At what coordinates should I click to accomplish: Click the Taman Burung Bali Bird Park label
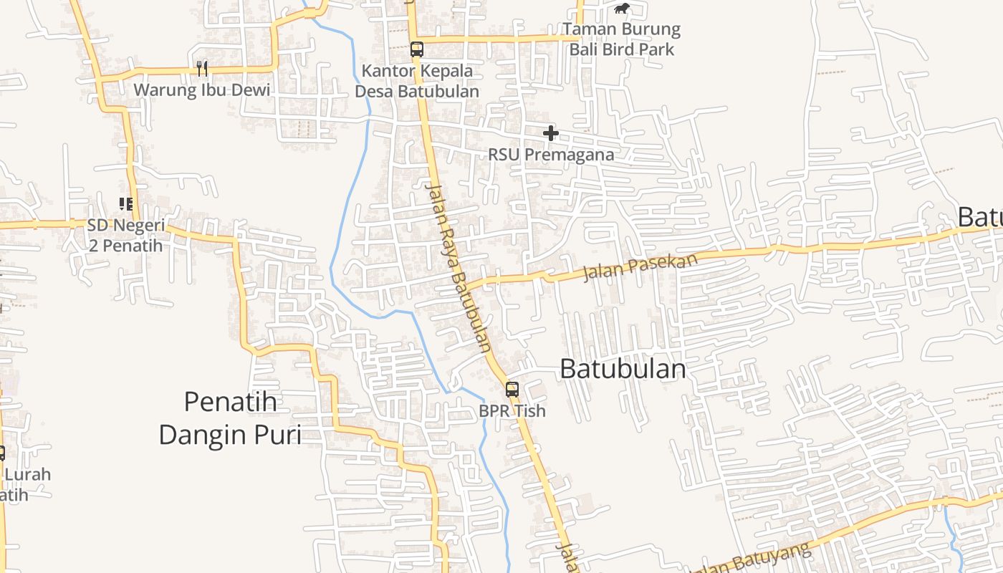[x=621, y=39]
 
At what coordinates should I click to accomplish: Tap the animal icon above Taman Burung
[x=621, y=9]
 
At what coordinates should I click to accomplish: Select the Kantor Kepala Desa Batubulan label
[x=417, y=81]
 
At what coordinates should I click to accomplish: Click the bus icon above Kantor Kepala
[x=416, y=49]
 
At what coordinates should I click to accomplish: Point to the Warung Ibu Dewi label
[x=202, y=90]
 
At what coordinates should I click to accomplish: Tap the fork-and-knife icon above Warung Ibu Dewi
[x=202, y=69]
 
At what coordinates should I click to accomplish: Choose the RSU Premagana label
[x=551, y=155]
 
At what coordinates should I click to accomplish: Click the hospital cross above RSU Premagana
[x=550, y=133]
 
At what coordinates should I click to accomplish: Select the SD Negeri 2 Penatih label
[x=125, y=236]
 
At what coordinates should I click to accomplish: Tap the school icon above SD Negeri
[x=126, y=204]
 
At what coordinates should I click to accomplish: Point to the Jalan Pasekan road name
[x=640, y=267]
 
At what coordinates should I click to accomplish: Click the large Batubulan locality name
[x=623, y=370]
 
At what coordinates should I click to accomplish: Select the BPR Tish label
[x=512, y=411]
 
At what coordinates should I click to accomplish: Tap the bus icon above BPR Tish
[x=512, y=390]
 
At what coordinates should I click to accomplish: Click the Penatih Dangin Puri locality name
[x=230, y=418]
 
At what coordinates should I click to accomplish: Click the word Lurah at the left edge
[x=27, y=474]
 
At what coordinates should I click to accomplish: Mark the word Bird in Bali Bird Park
[x=622, y=49]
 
